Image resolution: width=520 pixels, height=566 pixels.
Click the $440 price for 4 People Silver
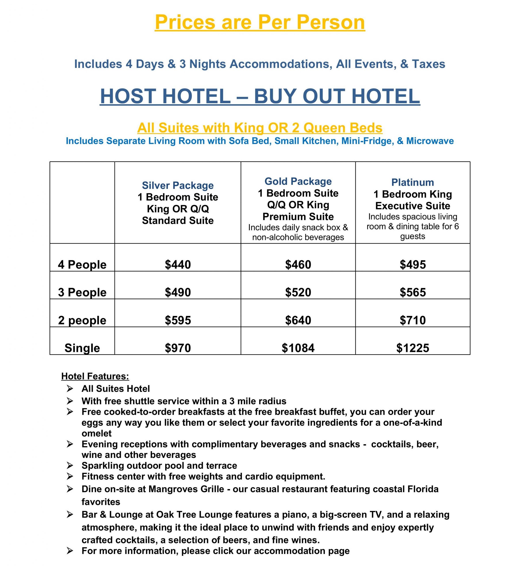coord(178,265)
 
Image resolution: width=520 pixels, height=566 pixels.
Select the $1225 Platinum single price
coord(413,348)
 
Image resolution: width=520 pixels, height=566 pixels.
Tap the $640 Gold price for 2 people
coord(298,320)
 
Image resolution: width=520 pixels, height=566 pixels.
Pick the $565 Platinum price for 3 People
coord(413,293)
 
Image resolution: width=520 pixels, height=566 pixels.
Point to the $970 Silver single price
coord(178,348)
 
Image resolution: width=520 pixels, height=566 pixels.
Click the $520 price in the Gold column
coord(298,293)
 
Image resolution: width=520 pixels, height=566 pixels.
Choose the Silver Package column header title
coord(178,185)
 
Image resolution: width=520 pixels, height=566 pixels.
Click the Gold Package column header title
coord(298,182)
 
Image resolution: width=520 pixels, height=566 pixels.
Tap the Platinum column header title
coord(413,182)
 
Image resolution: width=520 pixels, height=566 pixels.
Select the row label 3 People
coord(82,293)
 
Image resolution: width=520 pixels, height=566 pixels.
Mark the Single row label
coord(82,348)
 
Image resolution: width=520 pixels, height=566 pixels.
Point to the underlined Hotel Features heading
coord(95,376)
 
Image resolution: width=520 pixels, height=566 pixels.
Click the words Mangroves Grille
coord(186,489)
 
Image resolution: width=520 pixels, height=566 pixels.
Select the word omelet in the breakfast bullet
coord(97,433)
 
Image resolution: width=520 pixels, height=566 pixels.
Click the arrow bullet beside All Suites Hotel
coord(70,389)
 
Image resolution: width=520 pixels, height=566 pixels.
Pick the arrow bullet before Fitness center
coord(70,476)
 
